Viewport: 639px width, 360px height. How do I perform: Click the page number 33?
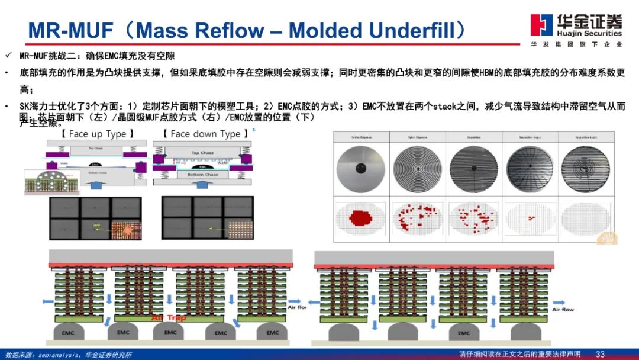(600, 354)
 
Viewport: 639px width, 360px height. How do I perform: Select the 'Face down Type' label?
(205, 134)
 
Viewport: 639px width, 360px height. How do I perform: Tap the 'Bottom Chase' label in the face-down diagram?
(203, 175)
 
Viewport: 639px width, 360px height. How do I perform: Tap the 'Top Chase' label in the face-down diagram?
(203, 153)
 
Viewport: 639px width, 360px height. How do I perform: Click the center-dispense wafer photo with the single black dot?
(360, 168)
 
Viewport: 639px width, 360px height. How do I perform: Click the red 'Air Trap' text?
(169, 318)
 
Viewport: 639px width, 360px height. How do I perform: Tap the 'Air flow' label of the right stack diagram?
(563, 310)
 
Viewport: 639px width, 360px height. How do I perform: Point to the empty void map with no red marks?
(585, 217)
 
